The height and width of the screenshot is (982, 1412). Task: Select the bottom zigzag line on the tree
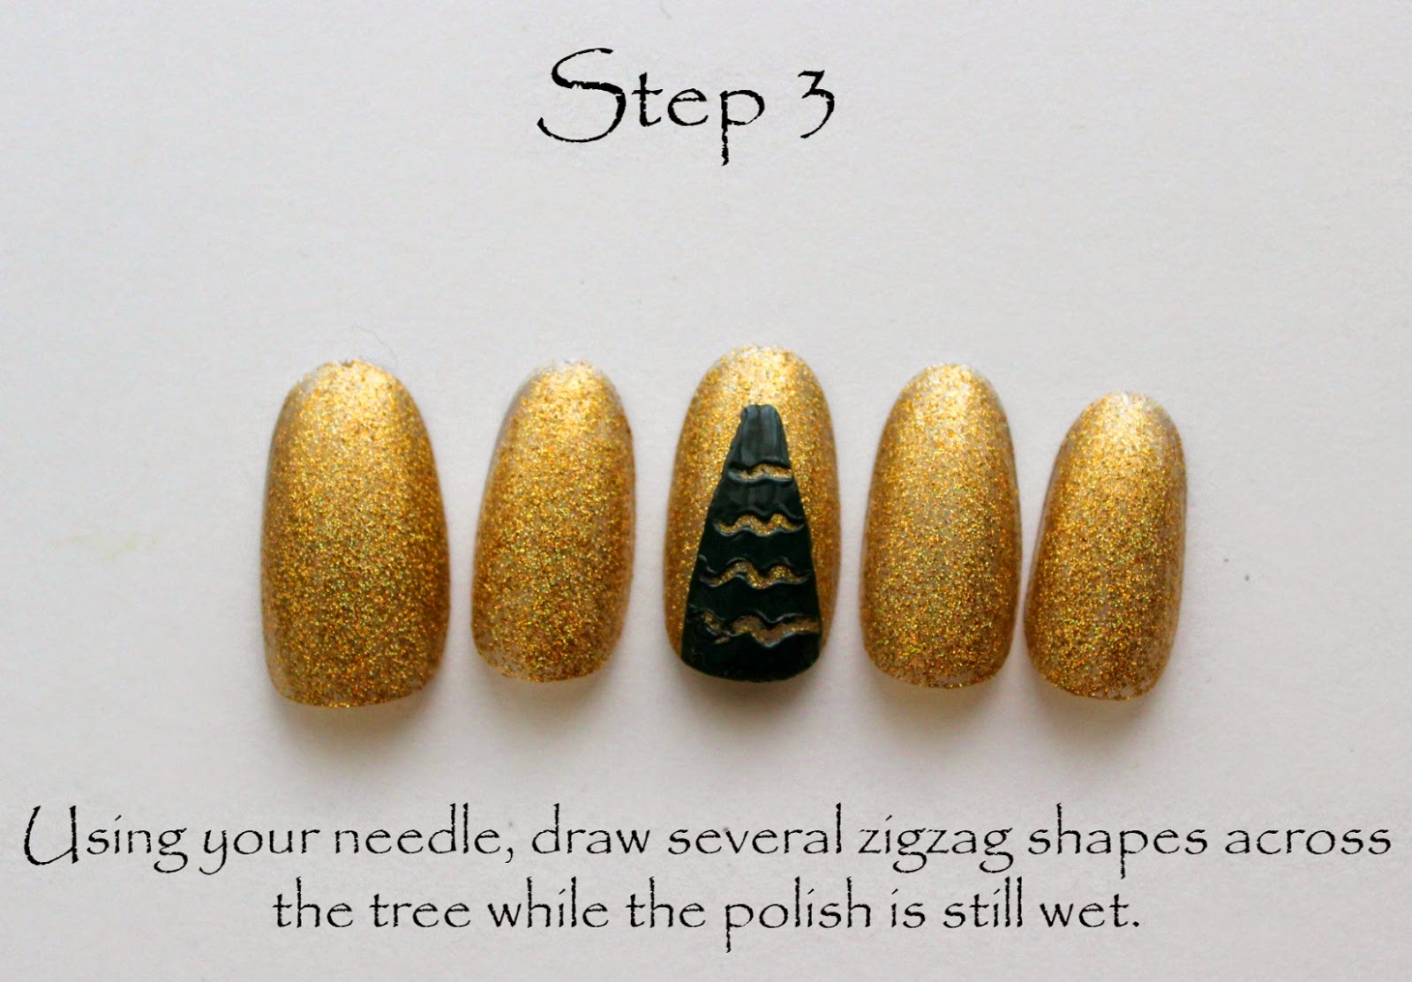click(x=762, y=623)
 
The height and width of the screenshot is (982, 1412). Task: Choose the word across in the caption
click(x=1307, y=841)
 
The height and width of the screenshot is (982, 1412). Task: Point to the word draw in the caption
click(x=590, y=837)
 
